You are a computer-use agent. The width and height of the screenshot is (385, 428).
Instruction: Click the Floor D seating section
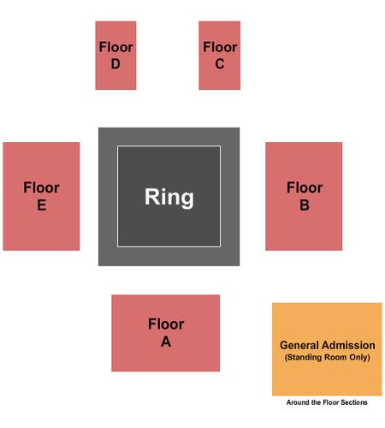115,56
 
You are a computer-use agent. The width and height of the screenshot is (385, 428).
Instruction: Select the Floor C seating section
220,56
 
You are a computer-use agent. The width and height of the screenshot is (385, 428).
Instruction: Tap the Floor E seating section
41,196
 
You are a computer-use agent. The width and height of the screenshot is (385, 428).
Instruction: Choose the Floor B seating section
304,196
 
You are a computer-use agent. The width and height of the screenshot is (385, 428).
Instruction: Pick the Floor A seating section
166,333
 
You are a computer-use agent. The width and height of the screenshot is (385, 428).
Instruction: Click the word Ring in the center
169,197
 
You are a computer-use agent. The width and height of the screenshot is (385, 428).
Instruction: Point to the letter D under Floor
115,64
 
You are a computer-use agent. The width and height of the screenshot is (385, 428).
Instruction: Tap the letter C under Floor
220,64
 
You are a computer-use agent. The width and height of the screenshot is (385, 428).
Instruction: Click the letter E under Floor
42,205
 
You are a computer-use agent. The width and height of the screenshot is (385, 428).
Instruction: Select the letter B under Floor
305,205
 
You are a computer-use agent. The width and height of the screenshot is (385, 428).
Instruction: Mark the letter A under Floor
166,342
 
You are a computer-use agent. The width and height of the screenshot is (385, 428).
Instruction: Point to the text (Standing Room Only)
327,358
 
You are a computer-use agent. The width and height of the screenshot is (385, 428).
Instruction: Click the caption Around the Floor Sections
327,402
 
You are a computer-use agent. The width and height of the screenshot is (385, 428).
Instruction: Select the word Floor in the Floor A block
166,324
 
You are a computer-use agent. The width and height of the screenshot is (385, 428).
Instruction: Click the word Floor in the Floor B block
305,187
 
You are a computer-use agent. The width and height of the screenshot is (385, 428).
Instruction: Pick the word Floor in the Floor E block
41,187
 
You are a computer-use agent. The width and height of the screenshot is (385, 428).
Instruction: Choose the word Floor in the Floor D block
115,47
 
